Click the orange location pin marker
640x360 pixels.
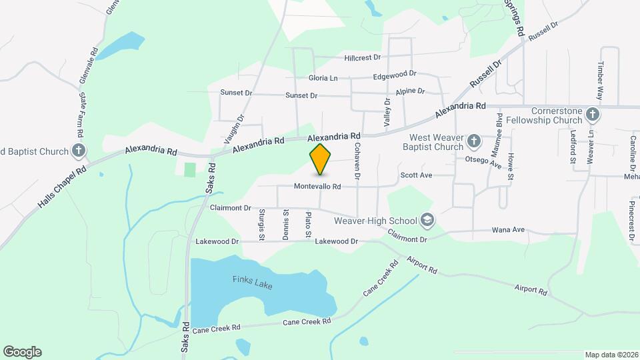point(320,159)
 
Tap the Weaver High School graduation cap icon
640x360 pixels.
point(427,220)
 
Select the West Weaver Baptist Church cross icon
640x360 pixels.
point(473,141)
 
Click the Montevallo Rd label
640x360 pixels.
point(317,187)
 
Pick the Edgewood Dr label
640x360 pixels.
point(395,74)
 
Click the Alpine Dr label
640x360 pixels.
point(409,91)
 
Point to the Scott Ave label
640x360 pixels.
point(416,175)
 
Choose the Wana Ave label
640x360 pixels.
point(508,230)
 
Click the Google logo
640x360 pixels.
point(22,352)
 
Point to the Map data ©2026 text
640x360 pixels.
point(611,355)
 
